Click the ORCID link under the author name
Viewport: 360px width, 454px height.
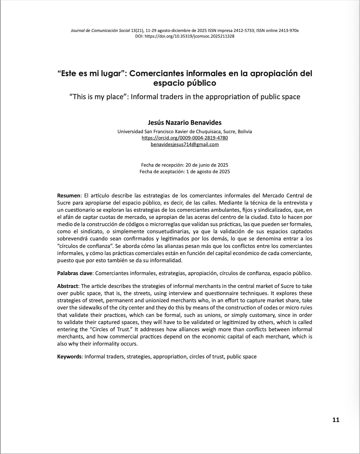[184, 138]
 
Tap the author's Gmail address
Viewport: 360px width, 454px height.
[184, 144]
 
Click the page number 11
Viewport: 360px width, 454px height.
[336, 420]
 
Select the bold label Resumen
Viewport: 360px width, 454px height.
[69, 196]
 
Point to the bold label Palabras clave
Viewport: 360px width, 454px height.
[75, 273]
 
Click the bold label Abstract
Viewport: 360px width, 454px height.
[68, 286]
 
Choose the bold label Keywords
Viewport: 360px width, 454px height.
[69, 356]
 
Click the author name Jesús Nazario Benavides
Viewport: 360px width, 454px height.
[184, 122]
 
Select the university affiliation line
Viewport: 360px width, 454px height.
[184, 131]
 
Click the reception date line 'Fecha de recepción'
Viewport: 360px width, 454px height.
[184, 165]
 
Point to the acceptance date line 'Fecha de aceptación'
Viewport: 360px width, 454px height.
[184, 171]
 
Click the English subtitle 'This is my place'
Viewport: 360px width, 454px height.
[184, 97]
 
